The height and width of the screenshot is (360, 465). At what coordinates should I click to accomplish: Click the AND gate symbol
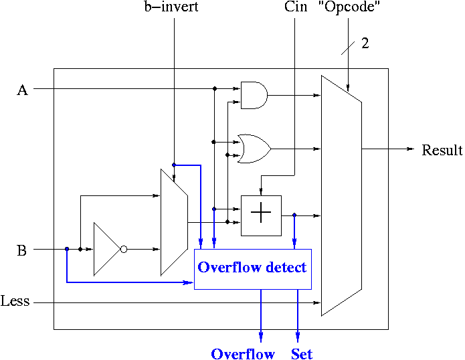(254, 96)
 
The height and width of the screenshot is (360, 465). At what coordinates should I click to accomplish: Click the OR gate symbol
(254, 147)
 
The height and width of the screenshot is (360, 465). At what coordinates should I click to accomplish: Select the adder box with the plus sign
(261, 215)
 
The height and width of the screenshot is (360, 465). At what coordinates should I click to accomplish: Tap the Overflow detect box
(252, 268)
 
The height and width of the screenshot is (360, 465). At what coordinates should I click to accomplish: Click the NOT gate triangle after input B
(106, 249)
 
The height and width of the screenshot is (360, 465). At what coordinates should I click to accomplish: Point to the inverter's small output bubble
(123, 249)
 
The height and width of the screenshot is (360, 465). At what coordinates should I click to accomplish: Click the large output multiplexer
(341, 195)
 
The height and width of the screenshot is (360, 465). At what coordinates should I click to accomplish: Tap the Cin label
(295, 8)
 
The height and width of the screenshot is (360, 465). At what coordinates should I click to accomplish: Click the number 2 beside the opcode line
(365, 44)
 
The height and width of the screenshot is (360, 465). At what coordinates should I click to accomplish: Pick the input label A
(22, 90)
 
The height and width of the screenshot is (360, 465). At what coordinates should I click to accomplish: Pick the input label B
(22, 251)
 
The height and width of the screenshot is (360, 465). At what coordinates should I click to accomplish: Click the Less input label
(15, 302)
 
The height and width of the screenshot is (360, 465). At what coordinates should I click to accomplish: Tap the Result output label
(442, 151)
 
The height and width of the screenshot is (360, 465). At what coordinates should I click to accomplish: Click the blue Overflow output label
(243, 354)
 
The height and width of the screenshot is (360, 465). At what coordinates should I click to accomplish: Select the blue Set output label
(302, 354)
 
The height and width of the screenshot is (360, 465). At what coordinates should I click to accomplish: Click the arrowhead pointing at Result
(410, 149)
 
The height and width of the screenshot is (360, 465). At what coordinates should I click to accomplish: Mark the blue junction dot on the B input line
(67, 249)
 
